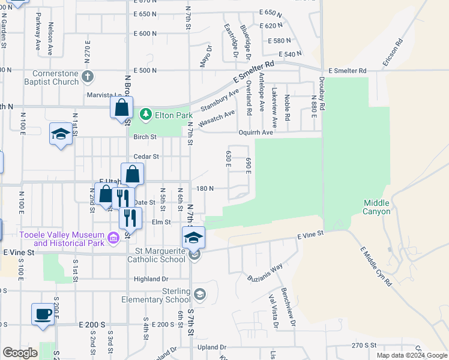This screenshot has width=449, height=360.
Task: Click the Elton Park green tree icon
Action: point(145,113)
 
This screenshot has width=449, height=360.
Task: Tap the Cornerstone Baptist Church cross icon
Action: point(88,76)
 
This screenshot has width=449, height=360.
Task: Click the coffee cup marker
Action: point(43,314)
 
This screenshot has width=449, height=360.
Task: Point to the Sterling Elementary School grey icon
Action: point(199,294)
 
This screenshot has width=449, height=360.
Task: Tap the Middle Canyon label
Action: point(377,207)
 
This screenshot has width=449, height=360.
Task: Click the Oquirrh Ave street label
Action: point(273,133)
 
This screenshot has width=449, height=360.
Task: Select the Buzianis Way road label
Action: point(265,274)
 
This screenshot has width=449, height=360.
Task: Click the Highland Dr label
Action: point(151,279)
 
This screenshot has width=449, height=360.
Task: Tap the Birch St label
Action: point(145,137)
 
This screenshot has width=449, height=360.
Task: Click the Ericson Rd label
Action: point(391,53)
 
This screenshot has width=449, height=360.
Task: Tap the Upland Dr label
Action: point(213,347)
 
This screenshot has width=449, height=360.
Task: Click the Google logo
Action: point(20,353)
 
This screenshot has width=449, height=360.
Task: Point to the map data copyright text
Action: point(412,355)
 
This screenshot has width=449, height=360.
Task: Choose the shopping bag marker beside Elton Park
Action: point(121,108)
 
